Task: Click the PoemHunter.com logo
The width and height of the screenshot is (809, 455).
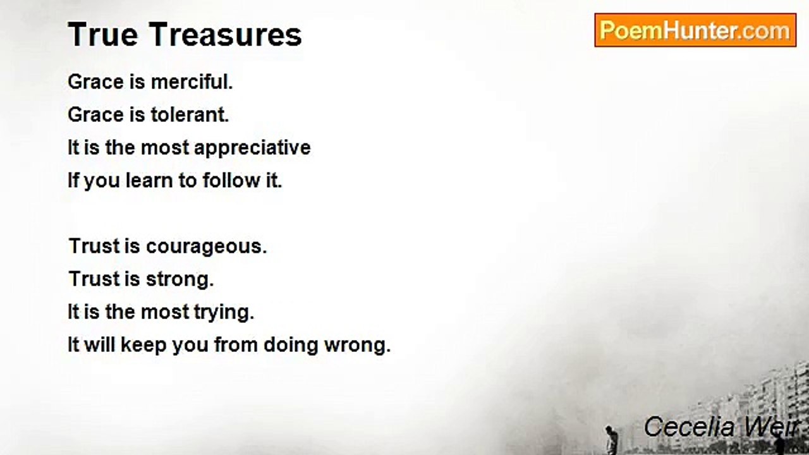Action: (695, 30)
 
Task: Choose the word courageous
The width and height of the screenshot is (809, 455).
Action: (206, 246)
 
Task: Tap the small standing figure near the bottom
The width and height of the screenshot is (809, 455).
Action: (611, 439)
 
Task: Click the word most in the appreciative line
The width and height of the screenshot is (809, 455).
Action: (165, 148)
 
